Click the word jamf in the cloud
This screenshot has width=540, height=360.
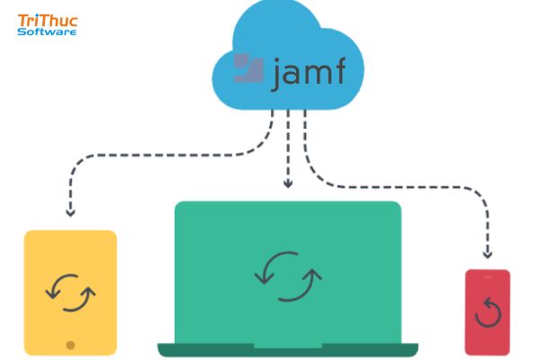[307, 72]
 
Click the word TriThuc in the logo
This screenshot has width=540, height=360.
[46, 19]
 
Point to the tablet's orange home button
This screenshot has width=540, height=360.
[70, 344]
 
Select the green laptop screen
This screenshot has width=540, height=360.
[287, 234]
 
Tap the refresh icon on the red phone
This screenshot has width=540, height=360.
[487, 312]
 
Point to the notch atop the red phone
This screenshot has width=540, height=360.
[487, 272]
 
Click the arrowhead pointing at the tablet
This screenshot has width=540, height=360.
[70, 214]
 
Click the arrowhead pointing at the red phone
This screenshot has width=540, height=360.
[488, 253]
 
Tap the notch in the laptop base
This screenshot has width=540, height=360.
[287, 346]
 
